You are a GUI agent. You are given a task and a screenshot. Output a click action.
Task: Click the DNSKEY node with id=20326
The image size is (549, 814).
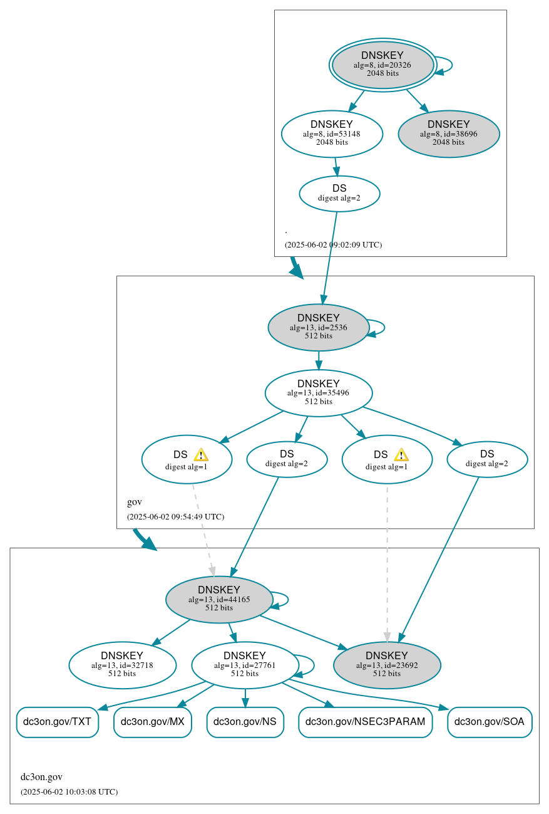coord(382,65)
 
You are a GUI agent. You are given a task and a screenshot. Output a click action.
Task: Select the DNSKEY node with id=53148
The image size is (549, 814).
coord(332,133)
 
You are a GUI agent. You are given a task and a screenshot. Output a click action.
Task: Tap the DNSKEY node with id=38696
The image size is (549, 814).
coord(448,133)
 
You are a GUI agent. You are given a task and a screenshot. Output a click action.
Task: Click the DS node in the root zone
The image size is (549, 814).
coord(339,193)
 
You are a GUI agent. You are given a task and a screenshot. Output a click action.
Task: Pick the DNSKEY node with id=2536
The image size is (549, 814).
coord(318,327)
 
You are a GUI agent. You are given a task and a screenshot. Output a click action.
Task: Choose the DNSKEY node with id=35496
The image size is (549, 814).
coord(318,393)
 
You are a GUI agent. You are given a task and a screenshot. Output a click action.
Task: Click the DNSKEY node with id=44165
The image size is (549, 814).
coord(218,599)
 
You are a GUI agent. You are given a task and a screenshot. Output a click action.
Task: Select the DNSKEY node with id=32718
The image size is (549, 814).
coord(122,665)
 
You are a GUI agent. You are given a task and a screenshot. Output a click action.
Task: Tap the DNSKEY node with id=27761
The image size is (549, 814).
coord(244,665)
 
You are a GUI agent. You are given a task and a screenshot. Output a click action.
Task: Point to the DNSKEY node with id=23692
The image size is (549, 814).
coord(386,665)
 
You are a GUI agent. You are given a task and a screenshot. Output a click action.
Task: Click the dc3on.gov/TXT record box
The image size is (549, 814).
coord(57,722)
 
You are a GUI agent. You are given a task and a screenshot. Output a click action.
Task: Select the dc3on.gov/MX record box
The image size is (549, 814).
coord(152,722)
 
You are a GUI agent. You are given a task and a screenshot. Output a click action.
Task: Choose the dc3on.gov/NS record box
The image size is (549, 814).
coord(245,722)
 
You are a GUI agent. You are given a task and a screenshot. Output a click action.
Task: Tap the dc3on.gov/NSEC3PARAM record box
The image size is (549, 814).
coord(365,722)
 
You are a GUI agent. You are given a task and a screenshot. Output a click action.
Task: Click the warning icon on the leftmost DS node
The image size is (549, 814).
coord(200,455)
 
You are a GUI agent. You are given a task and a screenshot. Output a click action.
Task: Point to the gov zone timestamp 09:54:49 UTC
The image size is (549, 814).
coord(175,517)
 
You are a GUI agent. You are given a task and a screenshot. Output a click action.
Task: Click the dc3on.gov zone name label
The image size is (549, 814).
coord(41,777)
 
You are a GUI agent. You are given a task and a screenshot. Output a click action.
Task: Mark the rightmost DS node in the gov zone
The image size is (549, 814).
coord(486,459)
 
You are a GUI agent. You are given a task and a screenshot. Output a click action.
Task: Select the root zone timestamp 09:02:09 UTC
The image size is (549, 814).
coord(333,245)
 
